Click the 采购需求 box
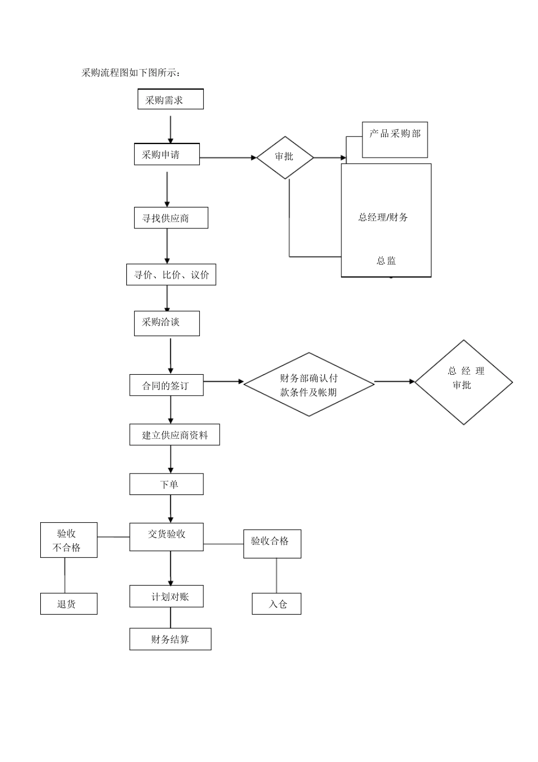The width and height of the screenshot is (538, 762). click(170, 99)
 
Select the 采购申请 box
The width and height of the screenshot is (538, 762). click(166, 154)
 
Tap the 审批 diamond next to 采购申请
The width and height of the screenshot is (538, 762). click(285, 158)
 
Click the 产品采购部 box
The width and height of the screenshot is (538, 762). click(395, 140)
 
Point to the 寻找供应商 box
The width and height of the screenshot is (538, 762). click(171, 218)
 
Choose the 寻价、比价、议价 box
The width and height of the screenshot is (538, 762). click(171, 275)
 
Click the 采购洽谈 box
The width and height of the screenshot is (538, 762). click(166, 323)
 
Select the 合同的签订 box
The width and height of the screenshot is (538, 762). click(166, 386)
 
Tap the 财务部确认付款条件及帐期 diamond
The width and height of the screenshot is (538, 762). click(309, 384)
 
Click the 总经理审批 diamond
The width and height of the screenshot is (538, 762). click(463, 382)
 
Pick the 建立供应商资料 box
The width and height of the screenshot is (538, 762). click(174, 435)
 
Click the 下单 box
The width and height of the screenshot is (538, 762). click(166, 484)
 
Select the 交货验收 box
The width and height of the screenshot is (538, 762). click(166, 536)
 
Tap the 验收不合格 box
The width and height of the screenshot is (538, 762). click(69, 540)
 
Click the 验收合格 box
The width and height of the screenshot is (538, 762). click(272, 544)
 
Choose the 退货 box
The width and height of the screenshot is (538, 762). click(69, 604)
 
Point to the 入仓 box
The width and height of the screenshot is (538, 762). click(276, 604)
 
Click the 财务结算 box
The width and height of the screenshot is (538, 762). click(170, 639)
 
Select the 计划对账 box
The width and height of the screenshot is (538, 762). click(166, 596)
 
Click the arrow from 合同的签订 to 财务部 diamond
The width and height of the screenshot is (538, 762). click(223, 382)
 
